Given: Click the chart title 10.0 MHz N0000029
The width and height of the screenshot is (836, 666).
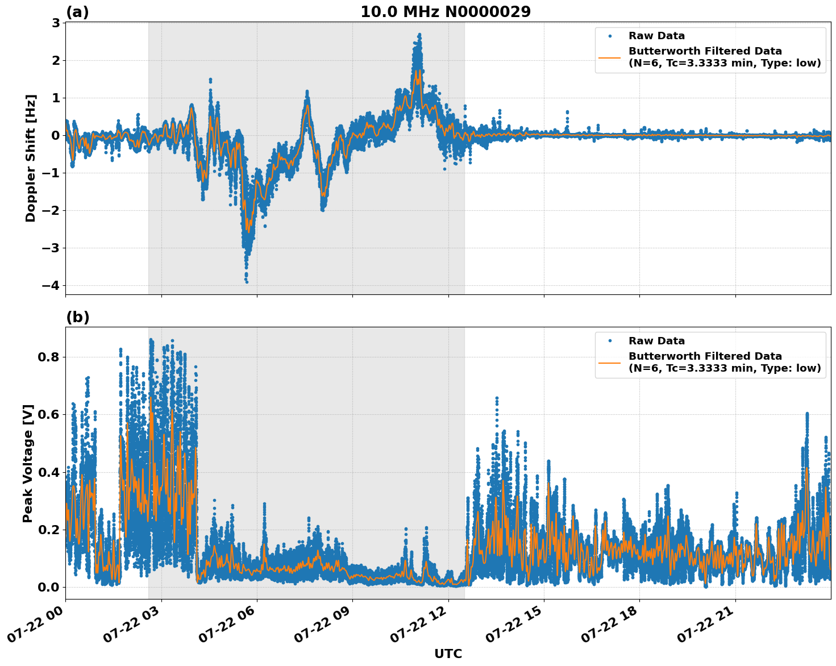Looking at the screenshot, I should [446, 12].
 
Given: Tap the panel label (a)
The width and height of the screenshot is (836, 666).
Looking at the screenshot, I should [77, 12].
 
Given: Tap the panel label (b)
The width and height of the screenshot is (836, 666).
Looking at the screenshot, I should [77, 317].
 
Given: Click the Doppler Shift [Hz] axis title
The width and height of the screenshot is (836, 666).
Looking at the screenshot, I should [31, 158].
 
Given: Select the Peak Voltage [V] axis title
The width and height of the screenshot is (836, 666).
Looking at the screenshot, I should [28, 463].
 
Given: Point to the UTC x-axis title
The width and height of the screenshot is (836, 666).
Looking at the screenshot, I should [448, 653].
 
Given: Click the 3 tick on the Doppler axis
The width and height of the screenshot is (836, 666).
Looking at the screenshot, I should [56, 23].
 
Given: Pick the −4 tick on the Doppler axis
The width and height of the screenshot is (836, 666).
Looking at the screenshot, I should [51, 285].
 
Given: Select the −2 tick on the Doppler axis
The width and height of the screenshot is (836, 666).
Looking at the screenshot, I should [51, 210].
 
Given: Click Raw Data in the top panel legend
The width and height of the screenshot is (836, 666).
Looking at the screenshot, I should [656, 36].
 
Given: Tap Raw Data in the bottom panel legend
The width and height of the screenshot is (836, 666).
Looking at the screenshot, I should [656, 341].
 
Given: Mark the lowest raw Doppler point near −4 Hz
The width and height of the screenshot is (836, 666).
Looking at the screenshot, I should [247, 281].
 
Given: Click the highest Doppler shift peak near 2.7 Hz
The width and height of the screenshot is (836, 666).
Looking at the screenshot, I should [419, 35].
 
